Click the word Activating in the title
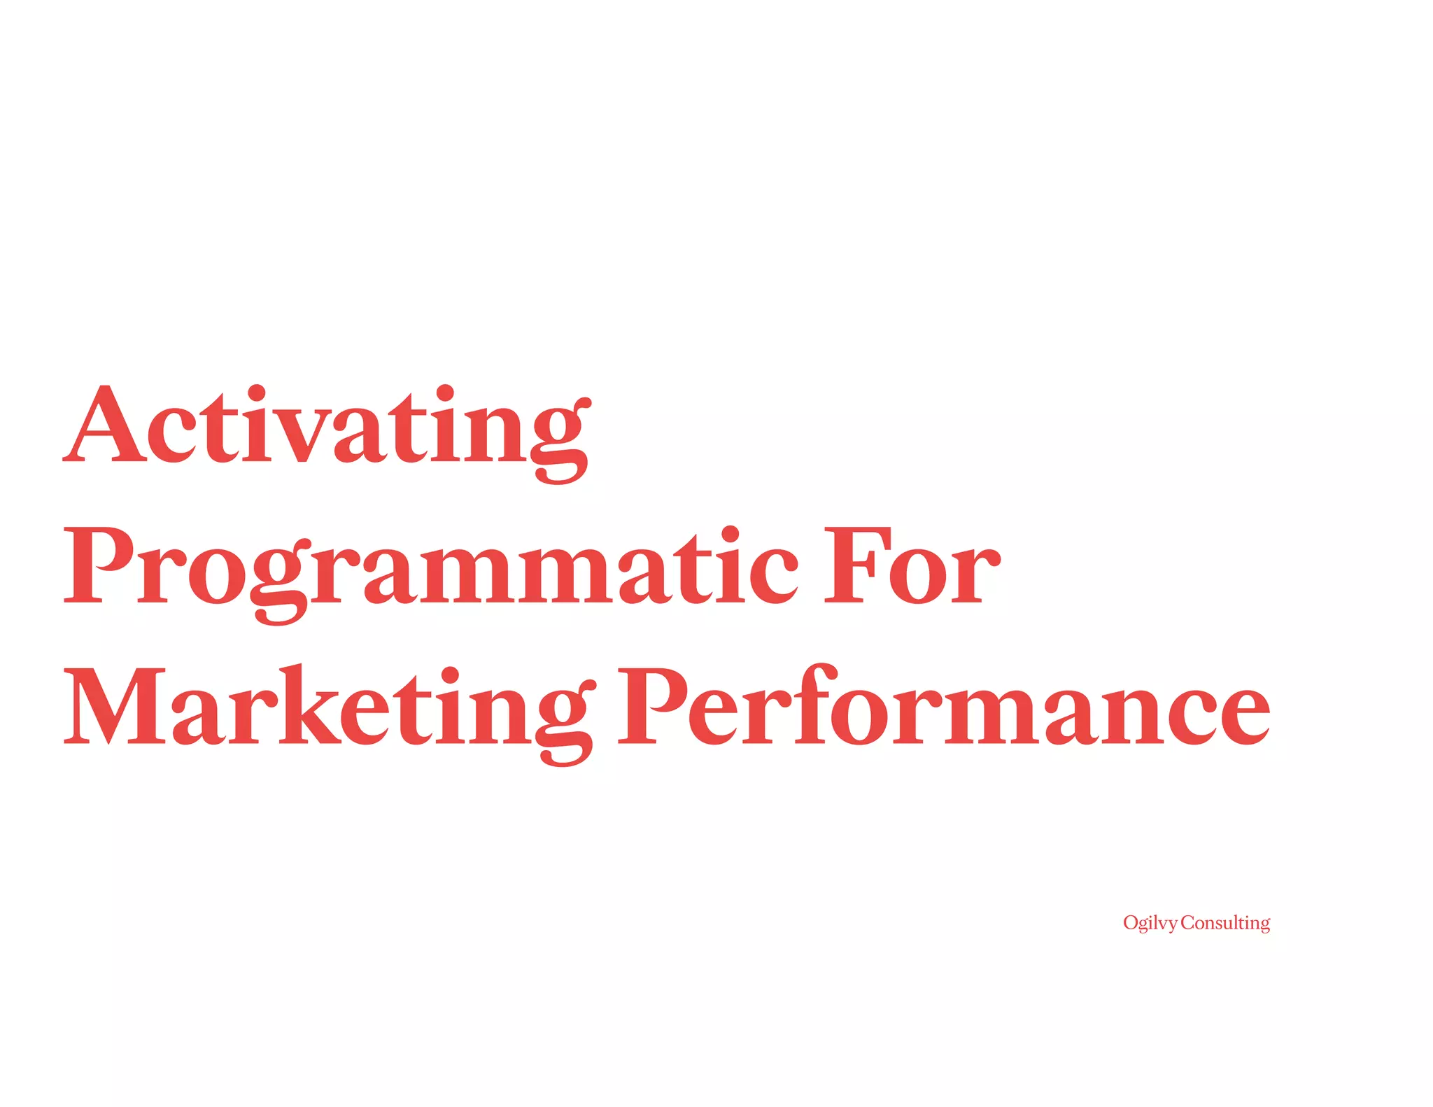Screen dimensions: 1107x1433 pyautogui.click(x=327, y=428)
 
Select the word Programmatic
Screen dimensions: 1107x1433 pyautogui.click(x=430, y=568)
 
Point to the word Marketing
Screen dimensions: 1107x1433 pyautogui.click(x=329, y=708)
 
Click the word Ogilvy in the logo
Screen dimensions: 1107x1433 pyautogui.click(x=1150, y=924)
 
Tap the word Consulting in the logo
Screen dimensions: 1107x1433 pyautogui.click(x=1225, y=924)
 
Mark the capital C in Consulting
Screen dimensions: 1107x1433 pyautogui.click(x=1188, y=924)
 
